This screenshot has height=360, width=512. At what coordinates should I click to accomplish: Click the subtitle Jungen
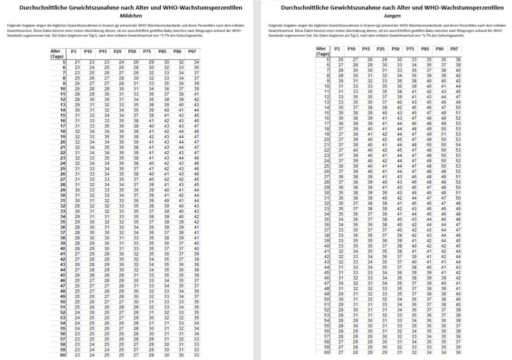pyautogui.click(x=387, y=15)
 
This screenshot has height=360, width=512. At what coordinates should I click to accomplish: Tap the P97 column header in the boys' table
pyautogui.click(x=454, y=49)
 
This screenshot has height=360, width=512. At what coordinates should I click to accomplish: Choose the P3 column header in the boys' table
pyautogui.click(x=337, y=49)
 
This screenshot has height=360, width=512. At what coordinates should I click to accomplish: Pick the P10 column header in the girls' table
pyautogui.click(x=88, y=52)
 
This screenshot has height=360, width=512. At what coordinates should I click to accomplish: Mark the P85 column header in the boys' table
pyautogui.click(x=425, y=49)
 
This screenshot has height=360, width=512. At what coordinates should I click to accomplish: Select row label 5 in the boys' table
pyautogui.click(x=327, y=59)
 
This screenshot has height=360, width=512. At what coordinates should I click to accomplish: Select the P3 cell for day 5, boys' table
pyautogui.click(x=340, y=59)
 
